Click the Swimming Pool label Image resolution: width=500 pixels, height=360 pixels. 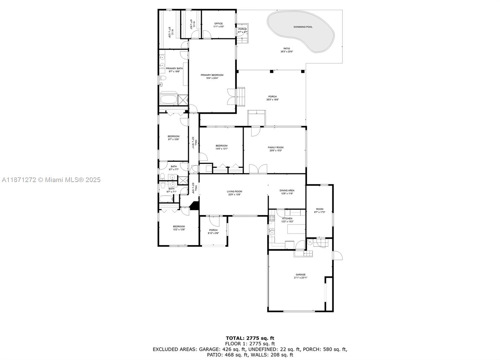pos(303,27)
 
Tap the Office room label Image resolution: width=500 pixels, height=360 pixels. pos(218,23)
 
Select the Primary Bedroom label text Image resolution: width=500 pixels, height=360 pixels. pos(212,75)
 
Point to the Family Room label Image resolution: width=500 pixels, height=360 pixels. pos(275,147)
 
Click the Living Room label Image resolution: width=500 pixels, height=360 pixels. pos(234,191)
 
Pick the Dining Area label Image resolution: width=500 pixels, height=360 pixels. pos(287,190)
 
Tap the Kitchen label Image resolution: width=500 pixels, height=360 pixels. pos(287,218)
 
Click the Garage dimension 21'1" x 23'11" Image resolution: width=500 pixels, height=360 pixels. pos(301,277)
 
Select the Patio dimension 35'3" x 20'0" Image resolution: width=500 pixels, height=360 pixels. pos(287,52)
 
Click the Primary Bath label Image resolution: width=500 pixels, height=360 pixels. pos(174,68)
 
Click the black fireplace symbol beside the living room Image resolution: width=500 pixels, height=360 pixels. pos(195,206)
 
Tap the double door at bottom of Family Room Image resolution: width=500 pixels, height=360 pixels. pos(258,169)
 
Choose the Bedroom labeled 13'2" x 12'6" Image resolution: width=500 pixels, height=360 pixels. pos(179,226)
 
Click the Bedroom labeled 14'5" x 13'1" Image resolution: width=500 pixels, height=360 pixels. pos(221,145)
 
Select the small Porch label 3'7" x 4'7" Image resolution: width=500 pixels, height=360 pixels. pos(242,29)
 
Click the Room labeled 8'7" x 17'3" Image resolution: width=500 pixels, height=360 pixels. pos(319,209)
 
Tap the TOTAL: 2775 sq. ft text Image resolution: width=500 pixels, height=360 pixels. pos(250,338)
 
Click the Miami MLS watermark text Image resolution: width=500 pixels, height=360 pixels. pos(51,180)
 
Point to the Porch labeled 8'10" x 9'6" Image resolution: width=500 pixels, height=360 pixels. pos(213,230)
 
